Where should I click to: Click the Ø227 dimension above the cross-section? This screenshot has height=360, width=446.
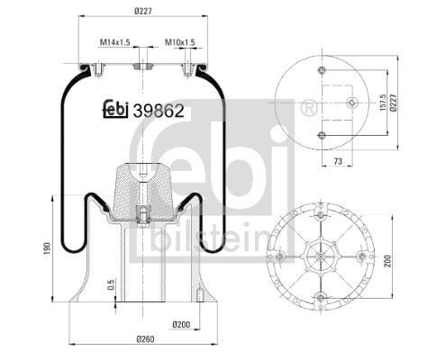tap(143, 11)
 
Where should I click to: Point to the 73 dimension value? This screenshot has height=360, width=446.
tap(338, 161)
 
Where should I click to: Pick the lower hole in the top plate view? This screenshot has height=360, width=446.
tap(322, 135)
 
